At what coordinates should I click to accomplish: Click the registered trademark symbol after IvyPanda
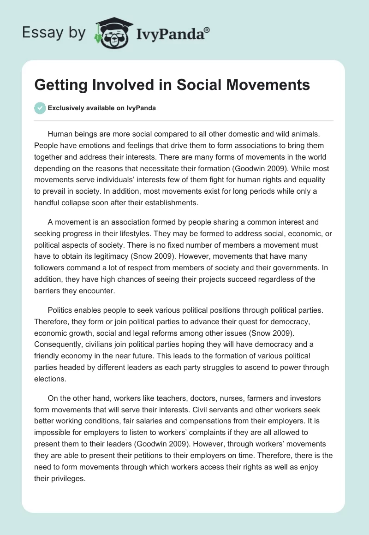(207, 30)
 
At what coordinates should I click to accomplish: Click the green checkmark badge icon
(40, 108)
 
